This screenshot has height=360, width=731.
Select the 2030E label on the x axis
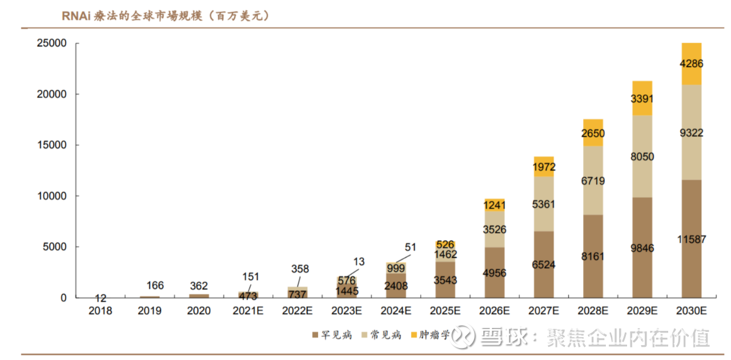691,311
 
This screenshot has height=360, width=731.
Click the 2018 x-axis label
101,311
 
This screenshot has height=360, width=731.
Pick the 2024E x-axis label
396,311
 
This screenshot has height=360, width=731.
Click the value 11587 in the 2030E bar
691,239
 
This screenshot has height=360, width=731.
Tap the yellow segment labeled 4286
691,63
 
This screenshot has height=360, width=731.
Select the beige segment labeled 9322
691,133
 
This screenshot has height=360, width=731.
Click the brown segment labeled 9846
642,248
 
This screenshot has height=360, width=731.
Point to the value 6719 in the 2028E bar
593,181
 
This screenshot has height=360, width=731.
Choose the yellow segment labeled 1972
544,167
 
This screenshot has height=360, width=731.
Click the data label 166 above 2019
150,285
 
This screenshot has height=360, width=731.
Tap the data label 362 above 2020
199,286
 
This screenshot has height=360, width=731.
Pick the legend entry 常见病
381,335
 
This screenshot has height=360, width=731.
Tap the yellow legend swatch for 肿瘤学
414,335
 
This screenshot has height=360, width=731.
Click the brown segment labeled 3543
445,280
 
